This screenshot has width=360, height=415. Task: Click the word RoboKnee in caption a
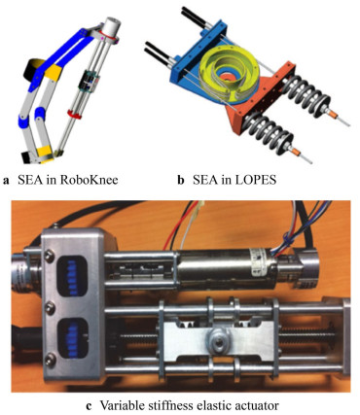[x=89, y=180]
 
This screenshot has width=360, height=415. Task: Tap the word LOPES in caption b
[x=256, y=180]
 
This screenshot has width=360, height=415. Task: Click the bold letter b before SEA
[x=181, y=180]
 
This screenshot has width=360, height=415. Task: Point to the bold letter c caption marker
[x=89, y=406]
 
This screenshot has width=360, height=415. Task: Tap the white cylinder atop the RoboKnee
[x=111, y=26]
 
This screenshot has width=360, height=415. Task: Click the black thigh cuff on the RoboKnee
[x=32, y=70]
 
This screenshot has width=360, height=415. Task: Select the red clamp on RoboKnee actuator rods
[x=75, y=115]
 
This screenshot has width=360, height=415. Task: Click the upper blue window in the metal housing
[x=72, y=278]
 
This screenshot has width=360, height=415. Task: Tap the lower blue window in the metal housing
[x=73, y=338]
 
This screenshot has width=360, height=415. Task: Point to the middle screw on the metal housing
[x=50, y=307]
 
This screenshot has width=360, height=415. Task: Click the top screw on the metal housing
[x=49, y=257]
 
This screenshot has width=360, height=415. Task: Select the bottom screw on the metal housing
[x=51, y=359]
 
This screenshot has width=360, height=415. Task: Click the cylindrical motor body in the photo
[x=227, y=266]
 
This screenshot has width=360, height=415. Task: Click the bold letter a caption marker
[x=6, y=181]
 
